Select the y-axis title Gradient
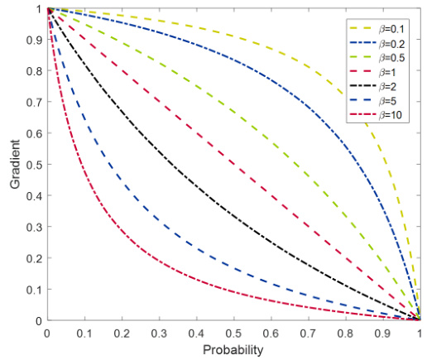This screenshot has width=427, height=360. tap(15, 165)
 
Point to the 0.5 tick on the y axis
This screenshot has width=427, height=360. tap(35, 165)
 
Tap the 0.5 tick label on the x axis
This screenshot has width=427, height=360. tap(234, 334)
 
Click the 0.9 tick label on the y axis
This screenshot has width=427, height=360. tap(35, 40)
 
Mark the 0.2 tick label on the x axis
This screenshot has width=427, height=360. tap(122, 334)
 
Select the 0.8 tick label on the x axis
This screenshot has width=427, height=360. tap(346, 334)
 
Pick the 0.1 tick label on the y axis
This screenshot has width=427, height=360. tap(35, 290)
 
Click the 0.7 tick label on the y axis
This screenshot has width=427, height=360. tap(35, 103)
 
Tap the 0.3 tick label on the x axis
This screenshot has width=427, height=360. tap(160, 334)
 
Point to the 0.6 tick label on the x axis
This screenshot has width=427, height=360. tap(271, 334)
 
